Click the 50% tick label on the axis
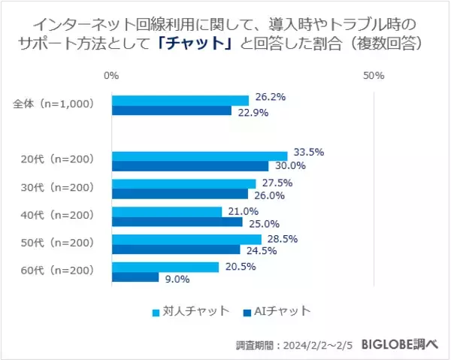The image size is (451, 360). pyautogui.click(x=374, y=76)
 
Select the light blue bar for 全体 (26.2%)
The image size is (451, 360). pyautogui.click(x=180, y=100)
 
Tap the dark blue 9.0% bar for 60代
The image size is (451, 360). pyautogui.click(x=135, y=277)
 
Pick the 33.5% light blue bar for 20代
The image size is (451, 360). pyautogui.click(x=199, y=156)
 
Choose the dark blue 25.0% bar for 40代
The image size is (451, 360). pyautogui.click(x=177, y=222)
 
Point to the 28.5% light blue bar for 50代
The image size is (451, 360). pyautogui.click(x=186, y=239)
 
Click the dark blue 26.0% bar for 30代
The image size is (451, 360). pyautogui.click(x=180, y=195)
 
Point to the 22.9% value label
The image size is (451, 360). pyautogui.click(x=253, y=112)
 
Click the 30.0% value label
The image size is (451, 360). pyautogui.click(x=290, y=166)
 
